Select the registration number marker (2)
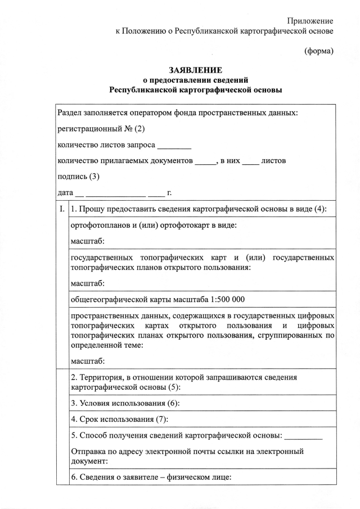point(139,128)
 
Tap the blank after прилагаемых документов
point(205,161)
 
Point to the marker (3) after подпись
point(94,177)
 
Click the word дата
point(65,193)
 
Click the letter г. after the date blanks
point(169,193)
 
